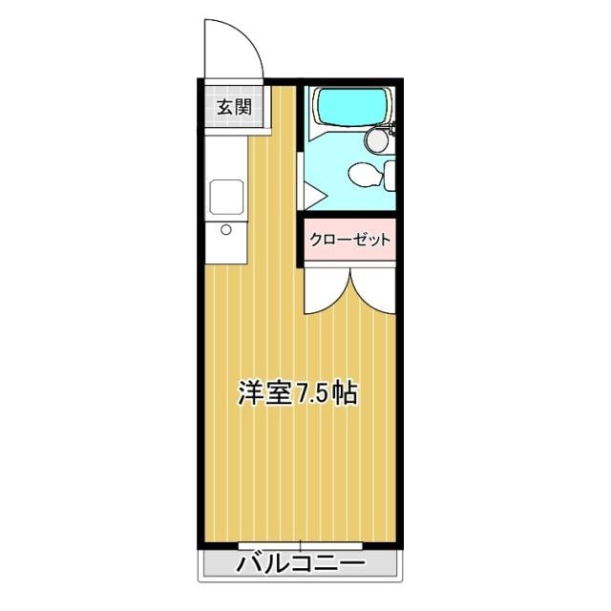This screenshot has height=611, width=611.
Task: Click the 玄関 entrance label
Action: tap(233, 107)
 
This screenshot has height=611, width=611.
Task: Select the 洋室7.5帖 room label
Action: tap(298, 393)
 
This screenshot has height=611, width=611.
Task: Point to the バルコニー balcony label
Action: tap(301, 564)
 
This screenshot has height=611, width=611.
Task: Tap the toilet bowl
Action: tap(363, 175)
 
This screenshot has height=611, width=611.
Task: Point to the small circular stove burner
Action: tap(227, 229)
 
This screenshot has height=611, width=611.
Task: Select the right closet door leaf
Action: tap(373, 291)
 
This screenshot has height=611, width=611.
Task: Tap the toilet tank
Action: tap(389, 174)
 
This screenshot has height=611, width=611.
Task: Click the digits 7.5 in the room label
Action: tap(311, 393)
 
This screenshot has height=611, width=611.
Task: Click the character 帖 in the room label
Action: tap(345, 393)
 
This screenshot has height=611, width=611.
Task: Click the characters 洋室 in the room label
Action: tap(264, 393)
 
